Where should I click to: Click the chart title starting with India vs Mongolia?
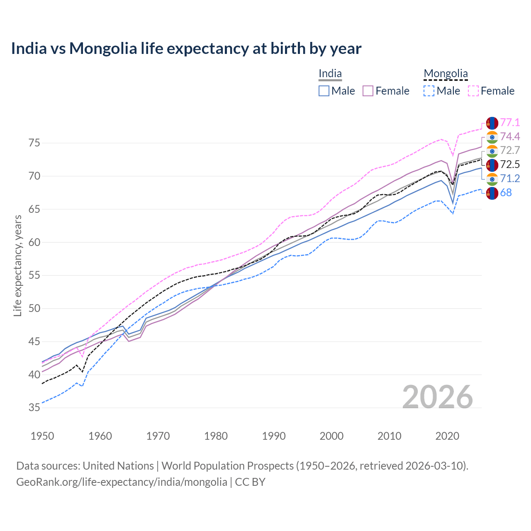(x=186, y=49)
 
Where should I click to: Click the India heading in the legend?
(x=330, y=74)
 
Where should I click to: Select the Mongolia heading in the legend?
(x=446, y=74)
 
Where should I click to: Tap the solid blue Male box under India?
(x=324, y=91)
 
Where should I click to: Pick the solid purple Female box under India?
(x=368, y=91)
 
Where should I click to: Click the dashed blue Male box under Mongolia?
(x=429, y=91)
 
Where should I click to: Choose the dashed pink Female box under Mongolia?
(x=473, y=91)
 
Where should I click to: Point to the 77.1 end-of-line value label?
(x=510, y=122)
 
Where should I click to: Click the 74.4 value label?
(x=510, y=136)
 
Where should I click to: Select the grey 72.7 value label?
(x=510, y=150)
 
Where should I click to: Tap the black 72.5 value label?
(x=510, y=164)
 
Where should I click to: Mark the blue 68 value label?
(x=506, y=192)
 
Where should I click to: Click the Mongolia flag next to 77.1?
(x=492, y=123)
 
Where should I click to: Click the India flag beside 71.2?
(x=492, y=179)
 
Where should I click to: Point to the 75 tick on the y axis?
(x=34, y=143)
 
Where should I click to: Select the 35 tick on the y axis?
(x=34, y=408)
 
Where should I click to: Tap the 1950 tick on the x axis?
(x=42, y=436)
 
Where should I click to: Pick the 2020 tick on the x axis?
(x=447, y=436)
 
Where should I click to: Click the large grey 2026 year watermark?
(x=438, y=397)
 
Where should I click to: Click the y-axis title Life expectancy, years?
(x=17, y=265)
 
